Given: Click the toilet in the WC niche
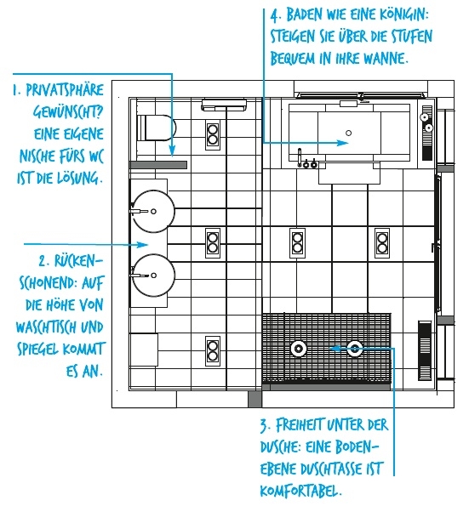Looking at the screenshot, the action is tap(157, 128).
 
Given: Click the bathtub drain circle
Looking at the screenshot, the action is tap(348, 133).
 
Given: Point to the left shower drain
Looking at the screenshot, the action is tap(298, 349).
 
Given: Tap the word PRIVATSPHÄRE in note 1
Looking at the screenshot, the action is tap(65, 90).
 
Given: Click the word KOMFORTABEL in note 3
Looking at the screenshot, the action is tap(300, 492).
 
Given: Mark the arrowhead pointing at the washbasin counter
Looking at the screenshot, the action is tap(142, 244).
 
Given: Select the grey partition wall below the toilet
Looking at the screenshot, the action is tap(158, 165).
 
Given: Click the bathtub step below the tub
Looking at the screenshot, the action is tap(349, 173).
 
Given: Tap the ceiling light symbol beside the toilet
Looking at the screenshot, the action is tap(213, 134).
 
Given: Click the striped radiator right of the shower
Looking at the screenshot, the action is tap(425, 350).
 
